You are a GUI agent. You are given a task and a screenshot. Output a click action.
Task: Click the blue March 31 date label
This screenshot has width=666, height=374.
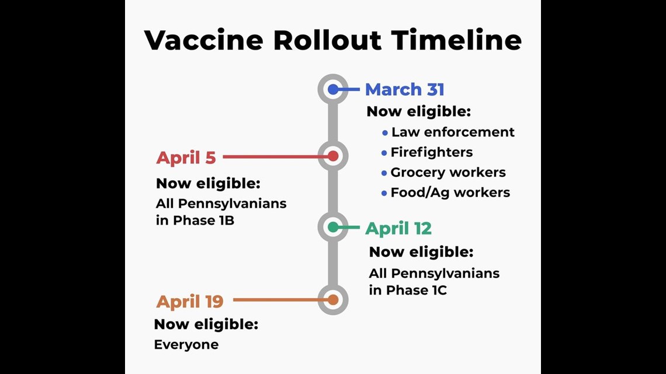tap(404, 89)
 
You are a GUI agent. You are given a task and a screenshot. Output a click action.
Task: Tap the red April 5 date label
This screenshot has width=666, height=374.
tap(186, 158)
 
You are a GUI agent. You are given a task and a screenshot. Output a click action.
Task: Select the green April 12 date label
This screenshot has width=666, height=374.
tap(398, 229)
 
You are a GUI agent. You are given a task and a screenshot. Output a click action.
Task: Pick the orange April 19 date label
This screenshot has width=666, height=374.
tap(190, 302)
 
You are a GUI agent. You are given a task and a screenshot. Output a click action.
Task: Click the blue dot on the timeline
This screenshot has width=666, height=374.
tap(333, 89)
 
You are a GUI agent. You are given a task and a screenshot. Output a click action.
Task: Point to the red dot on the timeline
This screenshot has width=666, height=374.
tap(333, 156)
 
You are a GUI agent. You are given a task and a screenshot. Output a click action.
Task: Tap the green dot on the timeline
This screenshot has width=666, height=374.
tap(333, 228)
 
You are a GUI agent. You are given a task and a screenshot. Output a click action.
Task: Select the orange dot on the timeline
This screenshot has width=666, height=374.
tap(333, 300)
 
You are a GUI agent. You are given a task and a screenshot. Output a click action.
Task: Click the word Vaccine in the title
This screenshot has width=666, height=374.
tap(204, 40)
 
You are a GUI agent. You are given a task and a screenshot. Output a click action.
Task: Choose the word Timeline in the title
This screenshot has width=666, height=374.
tap(456, 40)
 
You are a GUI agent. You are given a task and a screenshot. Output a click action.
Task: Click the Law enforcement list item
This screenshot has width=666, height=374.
tap(453, 132)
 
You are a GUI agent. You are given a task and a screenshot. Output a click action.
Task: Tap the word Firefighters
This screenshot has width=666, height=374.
tap(432, 152)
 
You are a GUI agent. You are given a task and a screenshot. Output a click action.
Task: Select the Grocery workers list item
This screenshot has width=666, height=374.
tap(448, 172)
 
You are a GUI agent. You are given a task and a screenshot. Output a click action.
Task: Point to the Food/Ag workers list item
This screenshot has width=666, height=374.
tap(450, 193)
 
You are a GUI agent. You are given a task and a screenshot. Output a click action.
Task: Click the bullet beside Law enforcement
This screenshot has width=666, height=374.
tap(385, 132)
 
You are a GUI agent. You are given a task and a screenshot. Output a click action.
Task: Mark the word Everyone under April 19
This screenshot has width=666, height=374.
tap(186, 345)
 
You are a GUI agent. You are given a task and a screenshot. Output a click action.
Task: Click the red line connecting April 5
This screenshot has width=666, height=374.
tap(276, 156)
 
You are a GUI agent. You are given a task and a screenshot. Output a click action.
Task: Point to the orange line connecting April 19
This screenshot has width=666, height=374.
tap(281, 300)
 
